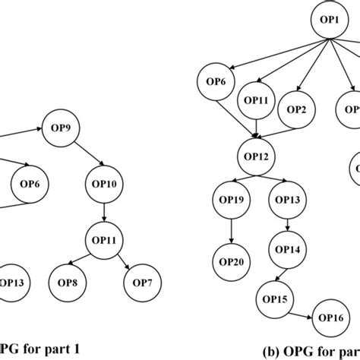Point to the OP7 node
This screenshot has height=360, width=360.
(141, 283)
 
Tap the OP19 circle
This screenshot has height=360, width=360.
(235, 201)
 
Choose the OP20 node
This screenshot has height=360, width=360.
(235, 261)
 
